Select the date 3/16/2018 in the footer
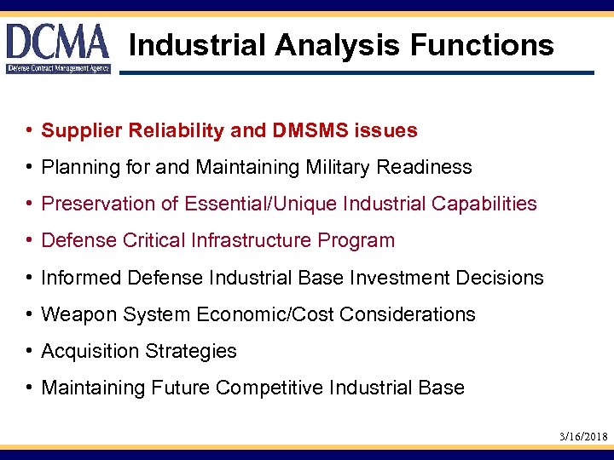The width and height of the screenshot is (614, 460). [x=583, y=436]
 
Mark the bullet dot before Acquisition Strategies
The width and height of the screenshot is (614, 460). [x=29, y=351]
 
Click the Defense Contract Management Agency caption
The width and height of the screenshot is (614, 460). [x=59, y=67]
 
